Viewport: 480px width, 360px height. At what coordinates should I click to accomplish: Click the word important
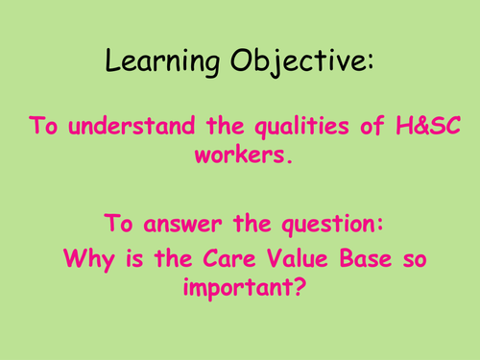point(241,285)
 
